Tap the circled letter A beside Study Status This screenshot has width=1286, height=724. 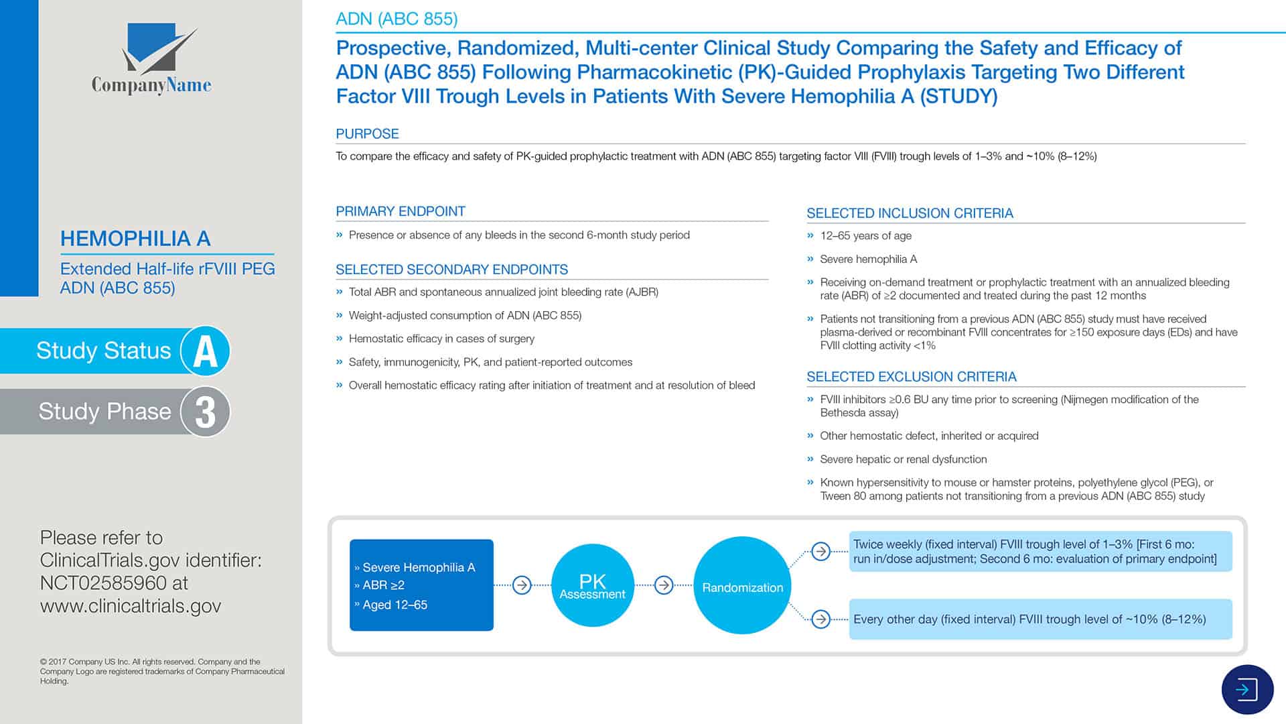(x=205, y=351)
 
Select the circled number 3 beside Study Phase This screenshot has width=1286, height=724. (x=205, y=412)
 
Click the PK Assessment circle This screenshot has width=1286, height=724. (x=592, y=585)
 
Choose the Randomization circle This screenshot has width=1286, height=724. (x=742, y=585)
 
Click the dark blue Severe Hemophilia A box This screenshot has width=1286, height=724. (x=421, y=585)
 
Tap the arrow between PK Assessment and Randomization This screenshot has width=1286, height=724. (x=664, y=585)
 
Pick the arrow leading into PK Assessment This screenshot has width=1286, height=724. (x=522, y=585)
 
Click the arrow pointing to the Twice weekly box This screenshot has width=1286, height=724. (x=820, y=551)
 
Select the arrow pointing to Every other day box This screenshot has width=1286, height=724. (x=820, y=619)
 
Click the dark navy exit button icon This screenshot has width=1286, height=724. (x=1247, y=689)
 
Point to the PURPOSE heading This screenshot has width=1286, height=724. (x=367, y=133)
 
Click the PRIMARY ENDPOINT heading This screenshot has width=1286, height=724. (x=401, y=211)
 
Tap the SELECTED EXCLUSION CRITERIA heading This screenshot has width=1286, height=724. (x=911, y=377)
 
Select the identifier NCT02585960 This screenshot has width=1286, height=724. (x=103, y=583)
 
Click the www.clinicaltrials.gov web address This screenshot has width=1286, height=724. (x=131, y=606)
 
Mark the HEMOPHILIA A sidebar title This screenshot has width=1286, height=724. (x=135, y=239)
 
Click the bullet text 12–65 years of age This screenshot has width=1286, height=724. (x=865, y=236)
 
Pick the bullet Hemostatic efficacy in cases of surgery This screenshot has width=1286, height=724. (x=441, y=339)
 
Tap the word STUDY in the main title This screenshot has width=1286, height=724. (x=958, y=97)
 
